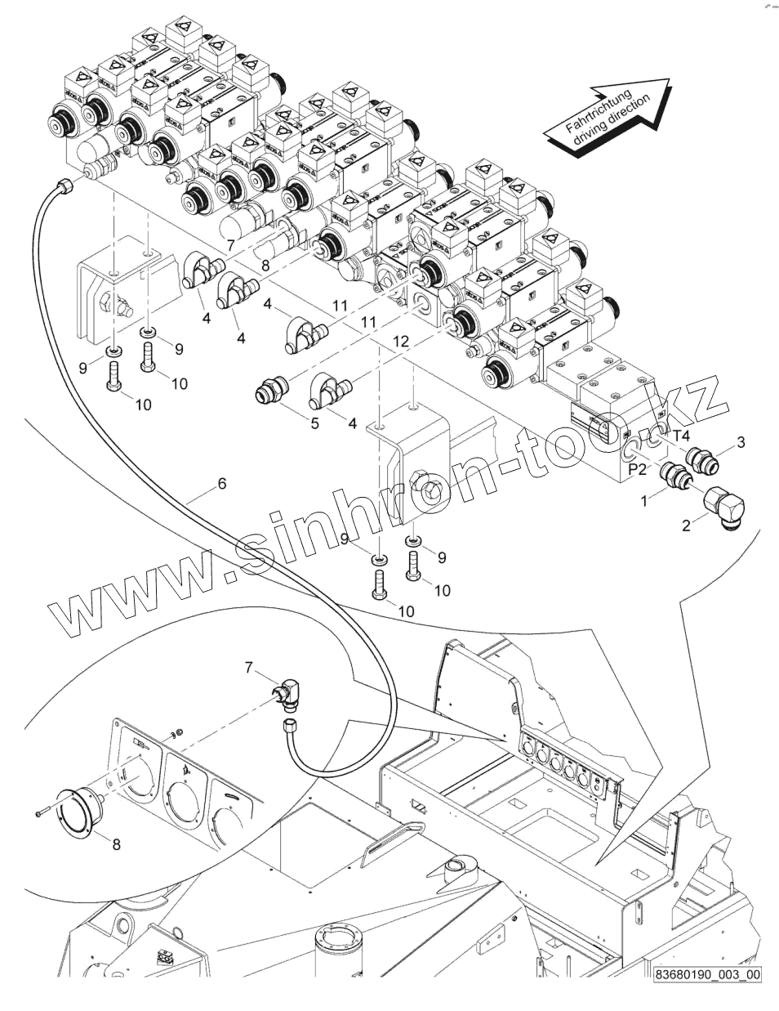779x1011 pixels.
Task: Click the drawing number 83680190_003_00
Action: [707, 974]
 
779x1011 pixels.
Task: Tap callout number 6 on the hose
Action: [220, 484]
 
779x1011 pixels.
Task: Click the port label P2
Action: [638, 470]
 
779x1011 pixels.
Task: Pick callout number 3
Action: [741, 442]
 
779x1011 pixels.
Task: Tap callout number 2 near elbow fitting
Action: [687, 527]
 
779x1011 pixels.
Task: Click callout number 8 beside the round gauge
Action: [116, 845]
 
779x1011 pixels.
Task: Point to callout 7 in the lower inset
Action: [248, 668]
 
